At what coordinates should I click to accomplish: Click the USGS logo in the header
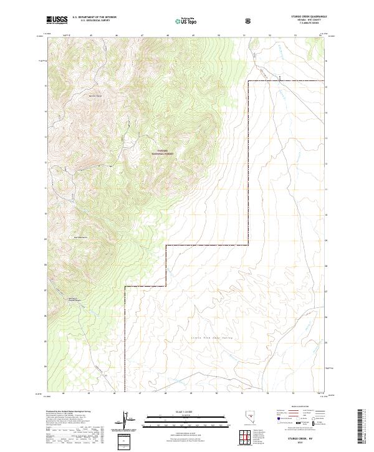(57, 20)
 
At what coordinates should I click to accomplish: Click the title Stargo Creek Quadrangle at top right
(309, 17)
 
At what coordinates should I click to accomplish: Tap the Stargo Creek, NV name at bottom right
(305, 438)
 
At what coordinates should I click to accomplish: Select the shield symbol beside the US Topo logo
(249, 21)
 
